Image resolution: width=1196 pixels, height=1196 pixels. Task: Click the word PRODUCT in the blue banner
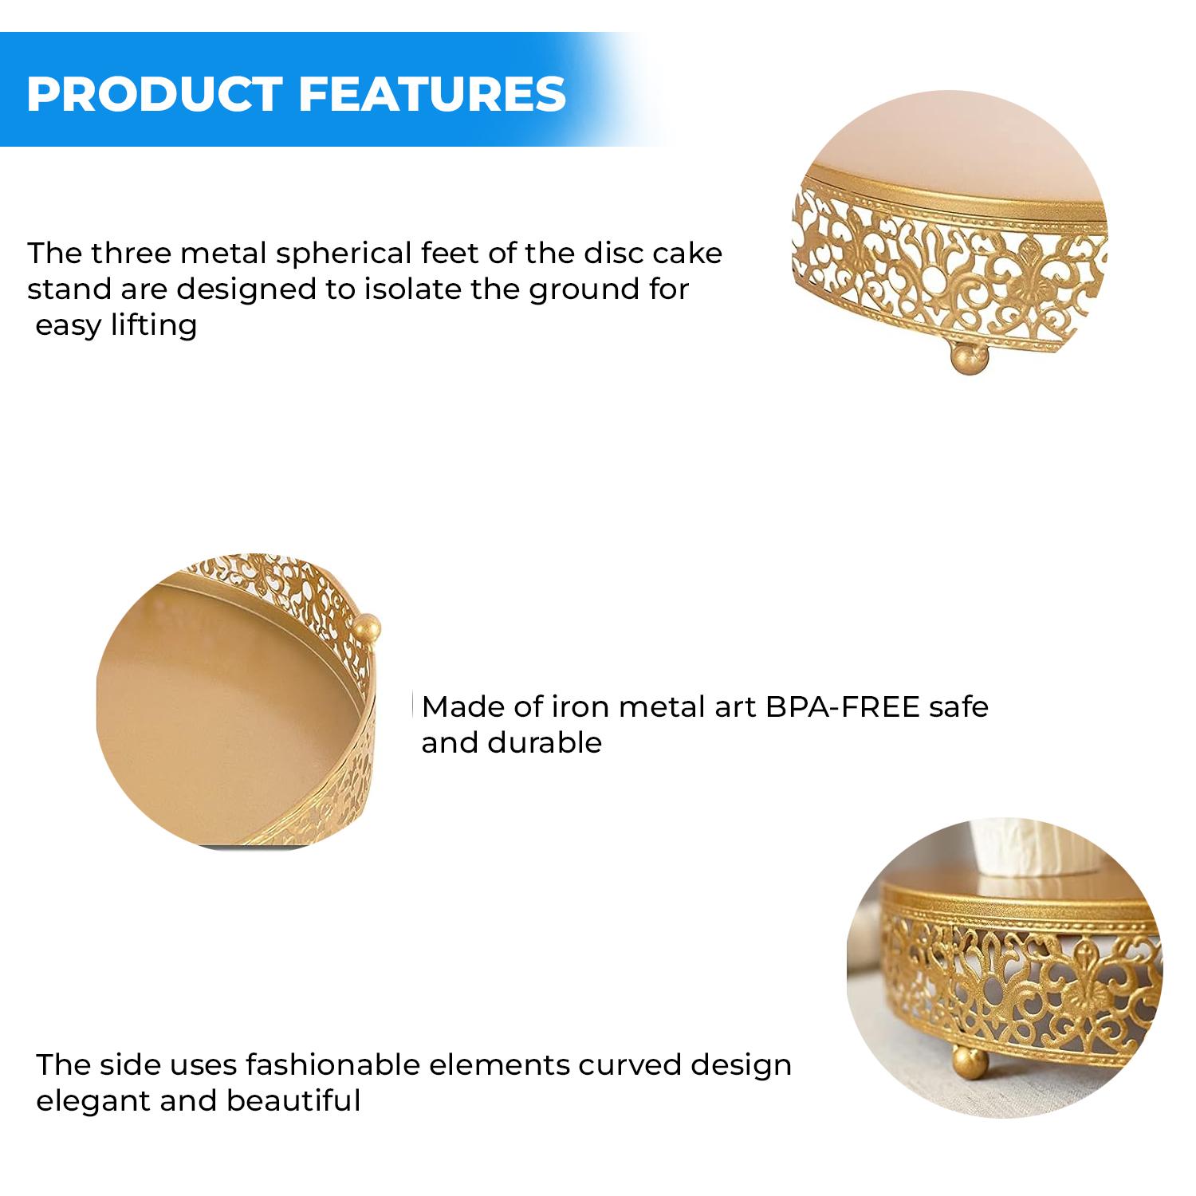(x=155, y=93)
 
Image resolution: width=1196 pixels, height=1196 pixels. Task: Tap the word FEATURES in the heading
(x=432, y=93)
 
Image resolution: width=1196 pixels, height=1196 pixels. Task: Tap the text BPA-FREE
(x=842, y=706)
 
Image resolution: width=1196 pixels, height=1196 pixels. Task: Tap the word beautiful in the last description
(x=294, y=1101)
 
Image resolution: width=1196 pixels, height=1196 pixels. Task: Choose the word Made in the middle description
(x=457, y=706)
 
